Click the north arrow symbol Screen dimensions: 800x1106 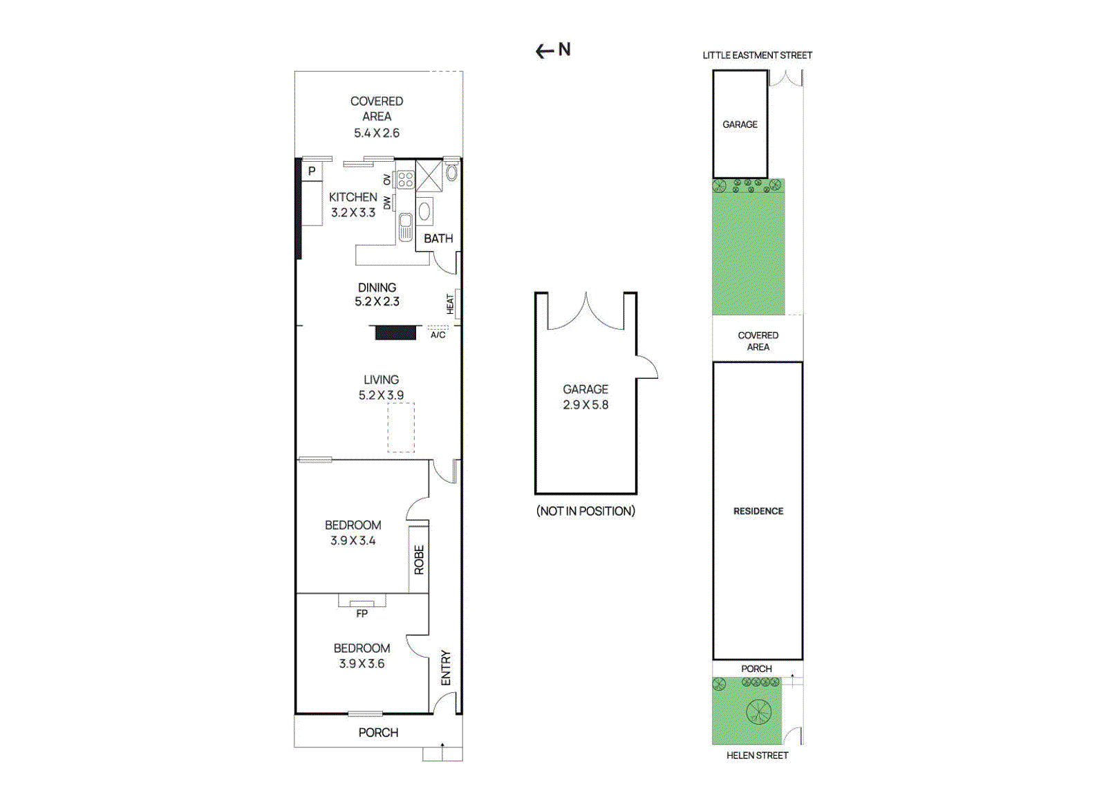[545, 50]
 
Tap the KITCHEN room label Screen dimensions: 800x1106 [353, 197]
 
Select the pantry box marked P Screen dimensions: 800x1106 [312, 171]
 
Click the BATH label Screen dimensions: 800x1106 [438, 239]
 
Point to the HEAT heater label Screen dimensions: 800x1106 [450, 304]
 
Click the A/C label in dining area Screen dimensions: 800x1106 [438, 335]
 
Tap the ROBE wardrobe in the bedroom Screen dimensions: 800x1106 [419, 559]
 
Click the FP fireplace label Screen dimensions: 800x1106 [362, 613]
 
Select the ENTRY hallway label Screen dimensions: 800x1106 [446, 667]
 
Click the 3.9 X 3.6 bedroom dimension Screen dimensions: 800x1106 [362, 664]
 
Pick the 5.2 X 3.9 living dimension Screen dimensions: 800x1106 [381, 396]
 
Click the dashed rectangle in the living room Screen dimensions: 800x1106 [401, 427]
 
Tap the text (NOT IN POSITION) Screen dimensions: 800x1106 [585, 511]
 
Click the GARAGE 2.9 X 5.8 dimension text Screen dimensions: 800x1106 [585, 405]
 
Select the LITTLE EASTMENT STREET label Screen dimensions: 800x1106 [757, 55]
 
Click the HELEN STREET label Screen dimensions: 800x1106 [757, 756]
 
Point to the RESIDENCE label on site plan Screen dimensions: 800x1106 [758, 511]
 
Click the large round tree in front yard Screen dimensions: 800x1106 [758, 711]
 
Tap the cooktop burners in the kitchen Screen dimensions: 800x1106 [406, 180]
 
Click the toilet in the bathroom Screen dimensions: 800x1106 [451, 172]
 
